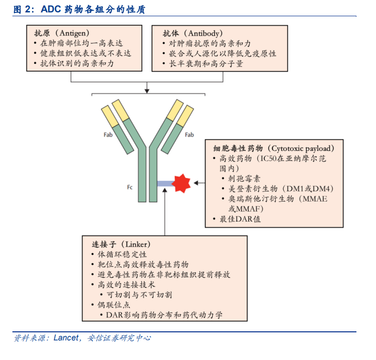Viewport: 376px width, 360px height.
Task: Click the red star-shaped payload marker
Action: pos(182,183)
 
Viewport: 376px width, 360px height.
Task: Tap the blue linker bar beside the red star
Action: pos(166,184)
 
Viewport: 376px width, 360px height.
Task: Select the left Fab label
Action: pos(108,135)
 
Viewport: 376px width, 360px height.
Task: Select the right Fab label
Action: pos(189,135)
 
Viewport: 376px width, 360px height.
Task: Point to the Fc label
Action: pos(130,187)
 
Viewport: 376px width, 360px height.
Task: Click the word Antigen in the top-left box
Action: pos(73,33)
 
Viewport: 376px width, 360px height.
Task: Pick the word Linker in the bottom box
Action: pos(136,244)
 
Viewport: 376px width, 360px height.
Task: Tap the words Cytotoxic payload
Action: pos(301,148)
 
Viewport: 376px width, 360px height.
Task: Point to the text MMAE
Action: pos(314,199)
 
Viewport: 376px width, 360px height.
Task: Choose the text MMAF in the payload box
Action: pos(248,209)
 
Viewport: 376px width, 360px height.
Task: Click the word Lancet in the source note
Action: pos(66,338)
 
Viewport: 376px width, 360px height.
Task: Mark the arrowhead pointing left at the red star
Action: pos(196,183)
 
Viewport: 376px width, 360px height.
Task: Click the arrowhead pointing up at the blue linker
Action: pos(165,190)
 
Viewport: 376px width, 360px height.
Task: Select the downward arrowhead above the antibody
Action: pos(147,91)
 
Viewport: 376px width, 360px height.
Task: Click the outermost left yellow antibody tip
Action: pos(110,116)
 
